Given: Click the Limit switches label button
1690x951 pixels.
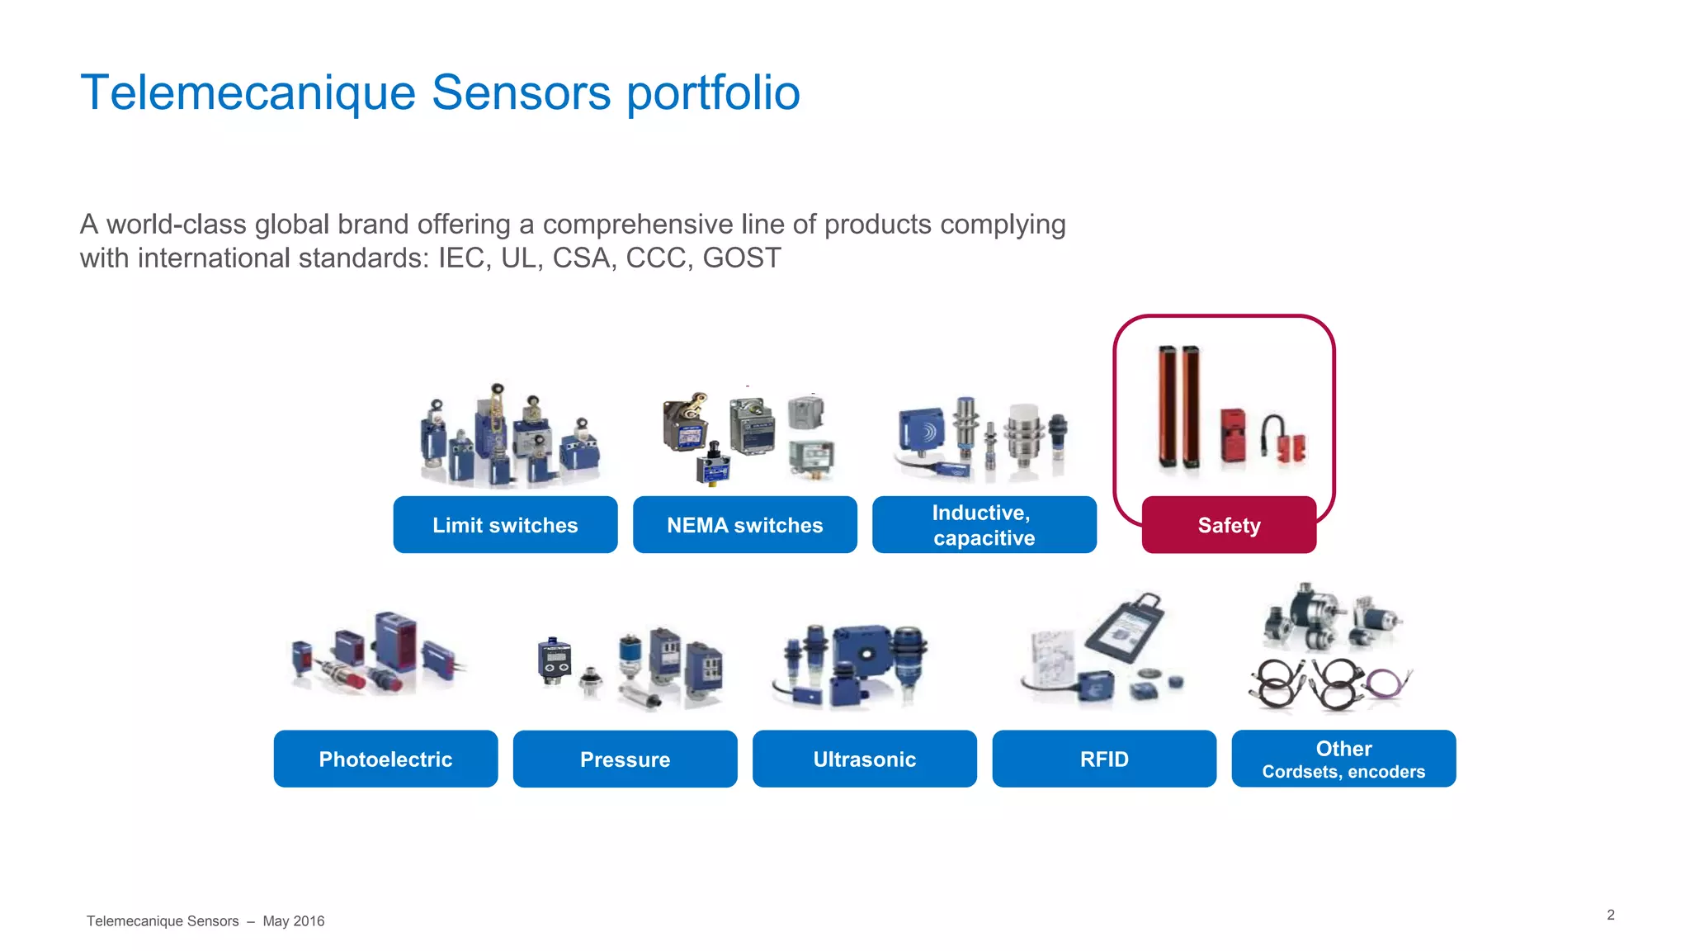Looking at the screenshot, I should click(505, 525).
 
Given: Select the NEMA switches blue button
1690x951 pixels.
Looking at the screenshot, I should click(744, 525).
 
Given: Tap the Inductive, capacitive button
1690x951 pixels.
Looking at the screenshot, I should click(984, 525).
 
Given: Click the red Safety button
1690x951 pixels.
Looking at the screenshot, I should click(1229, 525).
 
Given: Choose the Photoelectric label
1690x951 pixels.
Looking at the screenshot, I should click(385, 759).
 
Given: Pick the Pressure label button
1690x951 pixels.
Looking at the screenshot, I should click(625, 759).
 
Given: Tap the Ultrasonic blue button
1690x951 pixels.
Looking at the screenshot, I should click(864, 759).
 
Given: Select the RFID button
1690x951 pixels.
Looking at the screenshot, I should click(1104, 759).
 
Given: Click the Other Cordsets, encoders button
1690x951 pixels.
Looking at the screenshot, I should click(1343, 759).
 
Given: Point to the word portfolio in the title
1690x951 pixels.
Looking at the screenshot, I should click(713, 92).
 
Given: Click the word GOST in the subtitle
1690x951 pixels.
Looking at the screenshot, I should click(741, 258).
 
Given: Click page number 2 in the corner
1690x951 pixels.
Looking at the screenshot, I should click(1610, 915).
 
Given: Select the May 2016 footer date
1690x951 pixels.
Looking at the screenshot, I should click(293, 921).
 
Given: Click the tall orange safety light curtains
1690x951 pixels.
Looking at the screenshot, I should click(1178, 406).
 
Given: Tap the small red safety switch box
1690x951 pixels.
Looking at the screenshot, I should click(1233, 436).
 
